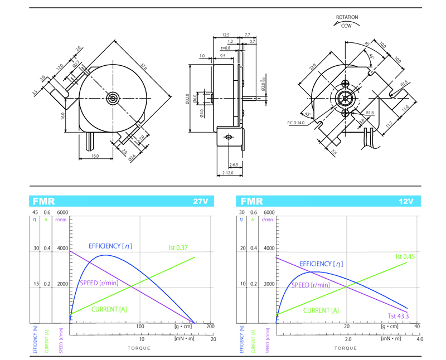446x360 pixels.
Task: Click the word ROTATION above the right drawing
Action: pos(347,17)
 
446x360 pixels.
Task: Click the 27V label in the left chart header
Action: pos(200,201)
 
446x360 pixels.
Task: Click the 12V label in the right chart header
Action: pos(406,201)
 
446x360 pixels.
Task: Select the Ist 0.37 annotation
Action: pos(179,247)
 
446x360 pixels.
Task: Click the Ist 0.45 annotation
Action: pos(406,256)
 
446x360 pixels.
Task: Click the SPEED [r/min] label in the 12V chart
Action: pos(310,285)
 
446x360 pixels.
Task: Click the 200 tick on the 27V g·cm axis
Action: pos(210,327)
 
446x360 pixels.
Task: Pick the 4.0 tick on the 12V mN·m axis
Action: pos(420,339)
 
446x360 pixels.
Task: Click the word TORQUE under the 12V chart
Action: pos(346,348)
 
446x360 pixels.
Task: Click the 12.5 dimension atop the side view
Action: pos(226,35)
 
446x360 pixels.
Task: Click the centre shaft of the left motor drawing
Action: pos(113,99)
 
